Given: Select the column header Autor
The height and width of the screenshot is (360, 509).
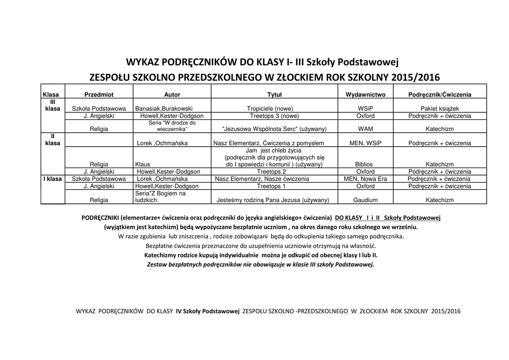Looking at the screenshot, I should tap(172, 94).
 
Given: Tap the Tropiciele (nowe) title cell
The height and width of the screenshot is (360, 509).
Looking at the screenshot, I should tap(270, 108).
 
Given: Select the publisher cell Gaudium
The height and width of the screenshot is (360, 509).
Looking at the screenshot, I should tap(365, 200).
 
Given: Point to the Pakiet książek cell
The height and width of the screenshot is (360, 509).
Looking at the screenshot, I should tap(439, 108).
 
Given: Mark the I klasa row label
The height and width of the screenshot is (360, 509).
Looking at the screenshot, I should tap(52, 179).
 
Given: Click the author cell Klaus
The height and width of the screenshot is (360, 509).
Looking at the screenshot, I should tap(142, 165).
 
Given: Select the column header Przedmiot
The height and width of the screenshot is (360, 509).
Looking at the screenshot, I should tap(99, 94).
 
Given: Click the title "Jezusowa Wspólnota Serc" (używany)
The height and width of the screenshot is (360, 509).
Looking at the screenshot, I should tap(274, 129).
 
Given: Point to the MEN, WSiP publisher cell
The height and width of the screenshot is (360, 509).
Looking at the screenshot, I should tap(365, 143).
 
